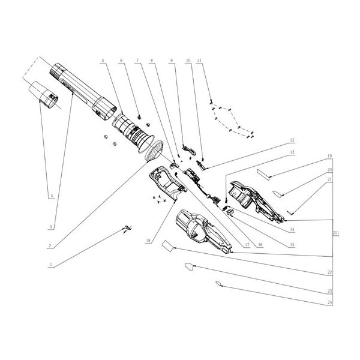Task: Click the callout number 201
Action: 335,233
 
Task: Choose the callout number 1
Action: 52,264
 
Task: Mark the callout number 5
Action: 104,61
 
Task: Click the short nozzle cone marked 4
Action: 46,94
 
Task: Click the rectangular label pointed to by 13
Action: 266,172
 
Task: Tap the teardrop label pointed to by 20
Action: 280,193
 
